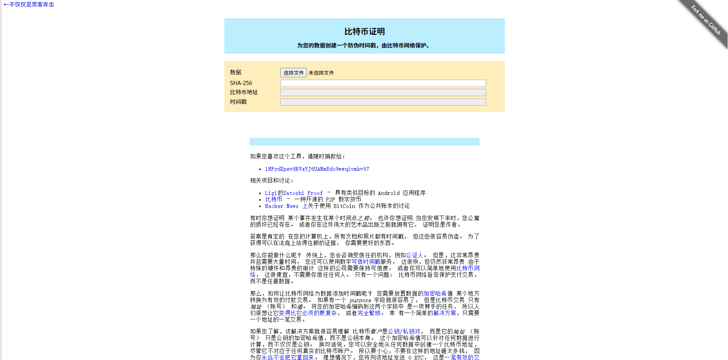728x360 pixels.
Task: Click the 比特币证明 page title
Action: coord(364,32)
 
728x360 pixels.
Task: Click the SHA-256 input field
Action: coord(383,83)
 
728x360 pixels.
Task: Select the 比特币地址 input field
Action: coord(383,92)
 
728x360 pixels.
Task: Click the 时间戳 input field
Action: coord(383,102)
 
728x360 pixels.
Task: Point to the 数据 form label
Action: coord(235,72)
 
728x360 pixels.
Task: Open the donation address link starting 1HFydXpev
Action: coord(317,169)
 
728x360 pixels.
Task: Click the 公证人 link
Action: coord(414,255)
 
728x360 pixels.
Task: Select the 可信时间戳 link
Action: coord(366,262)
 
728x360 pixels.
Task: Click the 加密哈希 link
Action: coord(435,293)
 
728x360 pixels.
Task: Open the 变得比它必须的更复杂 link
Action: coord(308,313)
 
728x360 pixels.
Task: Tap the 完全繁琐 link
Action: coord(369,313)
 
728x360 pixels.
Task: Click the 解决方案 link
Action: coord(444,313)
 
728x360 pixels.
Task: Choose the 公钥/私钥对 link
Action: coord(404,331)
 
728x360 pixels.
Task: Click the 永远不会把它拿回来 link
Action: coord(287,357)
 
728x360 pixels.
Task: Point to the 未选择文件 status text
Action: coord(321,73)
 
